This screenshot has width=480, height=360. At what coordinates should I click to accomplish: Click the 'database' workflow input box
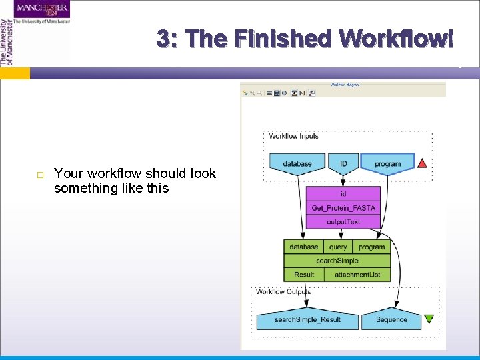pos(297,164)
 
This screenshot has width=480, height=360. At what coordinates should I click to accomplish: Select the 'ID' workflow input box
pos(343,164)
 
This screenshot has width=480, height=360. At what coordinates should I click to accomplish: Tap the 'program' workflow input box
pos(387,164)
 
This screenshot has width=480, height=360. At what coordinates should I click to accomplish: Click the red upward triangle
pos(422,163)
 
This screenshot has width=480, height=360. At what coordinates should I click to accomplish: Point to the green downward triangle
pos(429,319)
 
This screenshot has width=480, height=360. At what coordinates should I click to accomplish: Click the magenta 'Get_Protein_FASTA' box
pos(343,208)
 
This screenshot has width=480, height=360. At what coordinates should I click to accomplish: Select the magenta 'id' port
pos(343,194)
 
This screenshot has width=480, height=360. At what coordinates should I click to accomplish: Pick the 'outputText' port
pos(343,222)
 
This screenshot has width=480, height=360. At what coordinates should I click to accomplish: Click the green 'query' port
pos(338,247)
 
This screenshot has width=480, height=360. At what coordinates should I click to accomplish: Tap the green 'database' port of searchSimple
pos(303,247)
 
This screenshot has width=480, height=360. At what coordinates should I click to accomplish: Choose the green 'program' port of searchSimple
pos(371,247)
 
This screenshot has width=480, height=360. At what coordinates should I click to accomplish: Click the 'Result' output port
pos(303,275)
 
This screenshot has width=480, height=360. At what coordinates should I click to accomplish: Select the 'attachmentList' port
pos(357,275)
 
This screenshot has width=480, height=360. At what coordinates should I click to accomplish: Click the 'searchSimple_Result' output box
pos(307,320)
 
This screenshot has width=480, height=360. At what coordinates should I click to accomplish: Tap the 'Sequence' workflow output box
pos(391,320)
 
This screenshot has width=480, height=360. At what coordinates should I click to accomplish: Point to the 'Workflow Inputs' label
pos(293,136)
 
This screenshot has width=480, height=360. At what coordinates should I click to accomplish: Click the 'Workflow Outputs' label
pos(283,291)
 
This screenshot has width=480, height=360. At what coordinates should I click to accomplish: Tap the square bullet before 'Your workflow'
pos(40,175)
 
